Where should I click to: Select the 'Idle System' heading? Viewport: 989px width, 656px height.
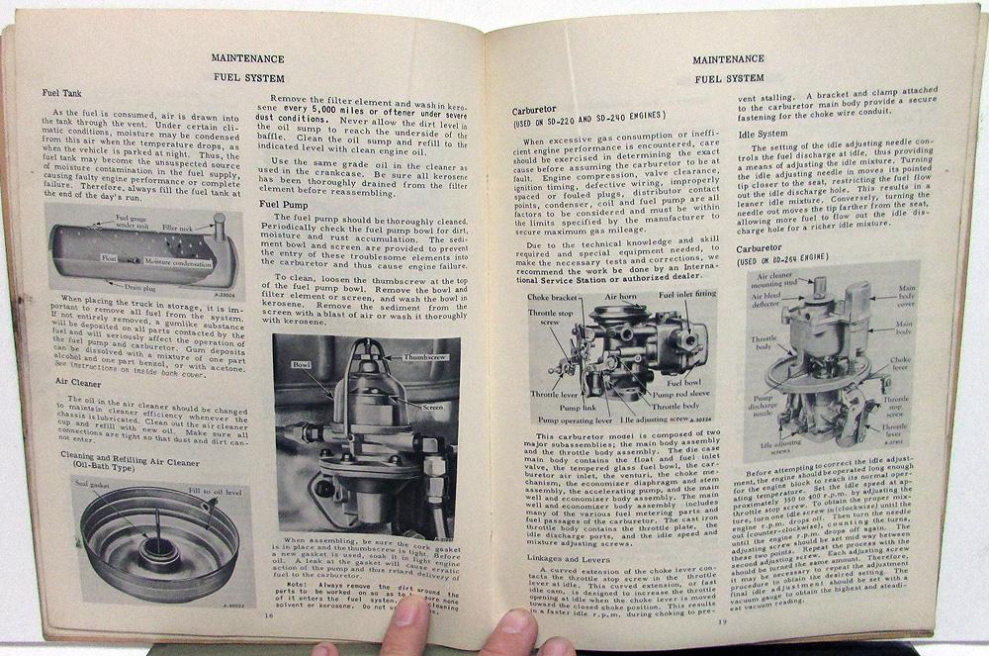(770, 134)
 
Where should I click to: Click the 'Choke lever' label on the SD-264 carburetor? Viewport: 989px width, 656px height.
(898, 366)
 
